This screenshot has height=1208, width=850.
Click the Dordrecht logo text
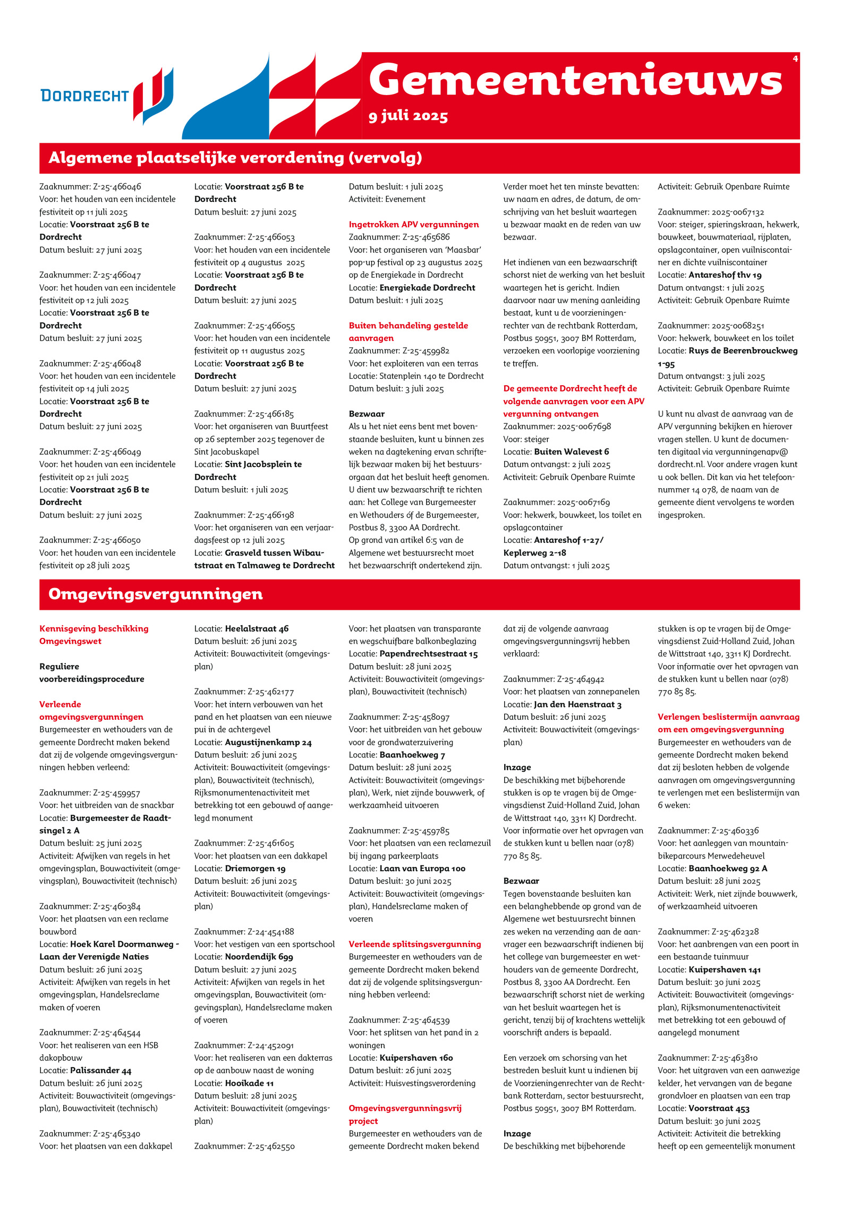(84, 96)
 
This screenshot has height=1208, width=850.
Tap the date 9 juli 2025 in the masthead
(408, 116)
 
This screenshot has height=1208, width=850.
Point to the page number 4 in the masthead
(795, 58)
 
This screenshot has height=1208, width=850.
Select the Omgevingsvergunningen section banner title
(155, 594)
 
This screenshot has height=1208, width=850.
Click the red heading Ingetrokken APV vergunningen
(413, 224)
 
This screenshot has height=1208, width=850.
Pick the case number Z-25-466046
(117, 186)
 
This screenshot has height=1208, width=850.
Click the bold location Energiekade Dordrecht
(427, 287)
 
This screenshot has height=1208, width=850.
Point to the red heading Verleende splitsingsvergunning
(414, 944)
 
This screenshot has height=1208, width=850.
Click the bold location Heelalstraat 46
(257, 628)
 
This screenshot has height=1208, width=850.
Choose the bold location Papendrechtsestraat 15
(428, 654)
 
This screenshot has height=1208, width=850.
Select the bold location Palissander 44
(100, 1070)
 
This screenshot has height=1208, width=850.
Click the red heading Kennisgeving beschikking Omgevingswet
(93, 635)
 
